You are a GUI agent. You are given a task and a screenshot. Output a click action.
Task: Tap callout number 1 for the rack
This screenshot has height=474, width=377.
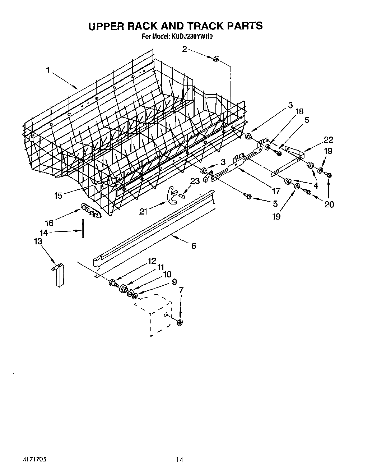(47, 70)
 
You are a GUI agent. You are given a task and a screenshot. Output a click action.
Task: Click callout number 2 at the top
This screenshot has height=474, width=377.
(185, 49)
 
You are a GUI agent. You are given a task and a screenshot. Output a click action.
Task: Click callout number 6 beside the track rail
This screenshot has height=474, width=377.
(194, 246)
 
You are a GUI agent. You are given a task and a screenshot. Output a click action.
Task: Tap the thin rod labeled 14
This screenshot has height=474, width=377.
(82, 229)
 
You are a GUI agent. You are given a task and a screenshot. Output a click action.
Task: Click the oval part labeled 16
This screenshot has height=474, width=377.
(90, 211)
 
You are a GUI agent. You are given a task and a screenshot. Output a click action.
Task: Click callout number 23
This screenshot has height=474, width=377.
(195, 181)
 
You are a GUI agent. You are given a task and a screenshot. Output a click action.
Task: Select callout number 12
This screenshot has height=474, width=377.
(152, 261)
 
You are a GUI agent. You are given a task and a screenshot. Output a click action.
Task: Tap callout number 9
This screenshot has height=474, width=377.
(174, 282)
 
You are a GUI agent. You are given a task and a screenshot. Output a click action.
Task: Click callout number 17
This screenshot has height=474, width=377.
(276, 192)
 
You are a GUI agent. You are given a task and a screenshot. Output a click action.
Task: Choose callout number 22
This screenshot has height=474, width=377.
(329, 141)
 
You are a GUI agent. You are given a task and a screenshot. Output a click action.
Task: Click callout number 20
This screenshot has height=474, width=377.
(329, 204)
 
